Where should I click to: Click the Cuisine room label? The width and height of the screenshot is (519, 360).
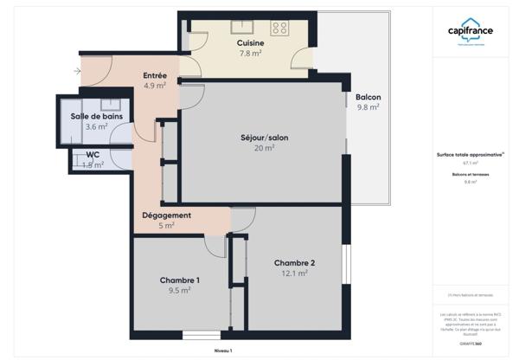coord(250,42)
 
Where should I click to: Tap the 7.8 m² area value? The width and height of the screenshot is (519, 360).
coord(250,53)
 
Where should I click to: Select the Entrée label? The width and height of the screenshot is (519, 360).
coord(154,75)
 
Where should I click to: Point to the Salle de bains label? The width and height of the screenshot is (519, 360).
coord(95,116)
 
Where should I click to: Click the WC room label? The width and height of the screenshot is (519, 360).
coord(93,155)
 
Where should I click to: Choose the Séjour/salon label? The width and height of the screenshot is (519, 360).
coord(264,138)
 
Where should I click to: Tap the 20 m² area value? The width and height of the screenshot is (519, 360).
coord(264,148)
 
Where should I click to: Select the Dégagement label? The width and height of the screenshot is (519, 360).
coord(166,215)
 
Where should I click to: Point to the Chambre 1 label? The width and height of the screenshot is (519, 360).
coord(180,280)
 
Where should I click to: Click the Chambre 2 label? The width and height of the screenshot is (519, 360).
coord(294,263)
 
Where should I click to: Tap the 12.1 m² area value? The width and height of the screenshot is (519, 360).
coord(294,273)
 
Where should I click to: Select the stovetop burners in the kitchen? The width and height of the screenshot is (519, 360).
coord(279,28)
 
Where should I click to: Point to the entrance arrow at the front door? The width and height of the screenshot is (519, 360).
coord(79,70)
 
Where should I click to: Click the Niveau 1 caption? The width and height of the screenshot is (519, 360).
coord(223,350)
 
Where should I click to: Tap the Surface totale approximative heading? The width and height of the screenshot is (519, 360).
coord(470,156)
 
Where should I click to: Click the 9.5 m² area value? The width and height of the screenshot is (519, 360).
coord(180,291)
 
